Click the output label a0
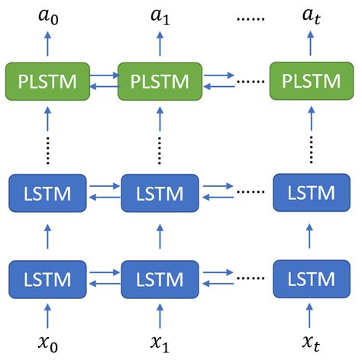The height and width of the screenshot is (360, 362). pos(47,14)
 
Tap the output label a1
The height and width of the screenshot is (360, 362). pos(160,14)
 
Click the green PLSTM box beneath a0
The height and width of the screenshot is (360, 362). pos(47,81)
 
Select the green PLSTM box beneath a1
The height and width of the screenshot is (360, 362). pos(160,81)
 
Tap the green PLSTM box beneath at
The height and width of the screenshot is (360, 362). pos(310,81)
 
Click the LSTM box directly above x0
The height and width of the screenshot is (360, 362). pos(47,278)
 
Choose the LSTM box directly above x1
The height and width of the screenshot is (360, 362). pos(160,278)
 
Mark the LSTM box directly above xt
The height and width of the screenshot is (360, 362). pos(310,278)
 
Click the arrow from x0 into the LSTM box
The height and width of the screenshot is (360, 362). pos(47,315)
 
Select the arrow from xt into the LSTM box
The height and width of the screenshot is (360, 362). pos(310,315)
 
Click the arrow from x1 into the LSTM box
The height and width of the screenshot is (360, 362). pos(160,315)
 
